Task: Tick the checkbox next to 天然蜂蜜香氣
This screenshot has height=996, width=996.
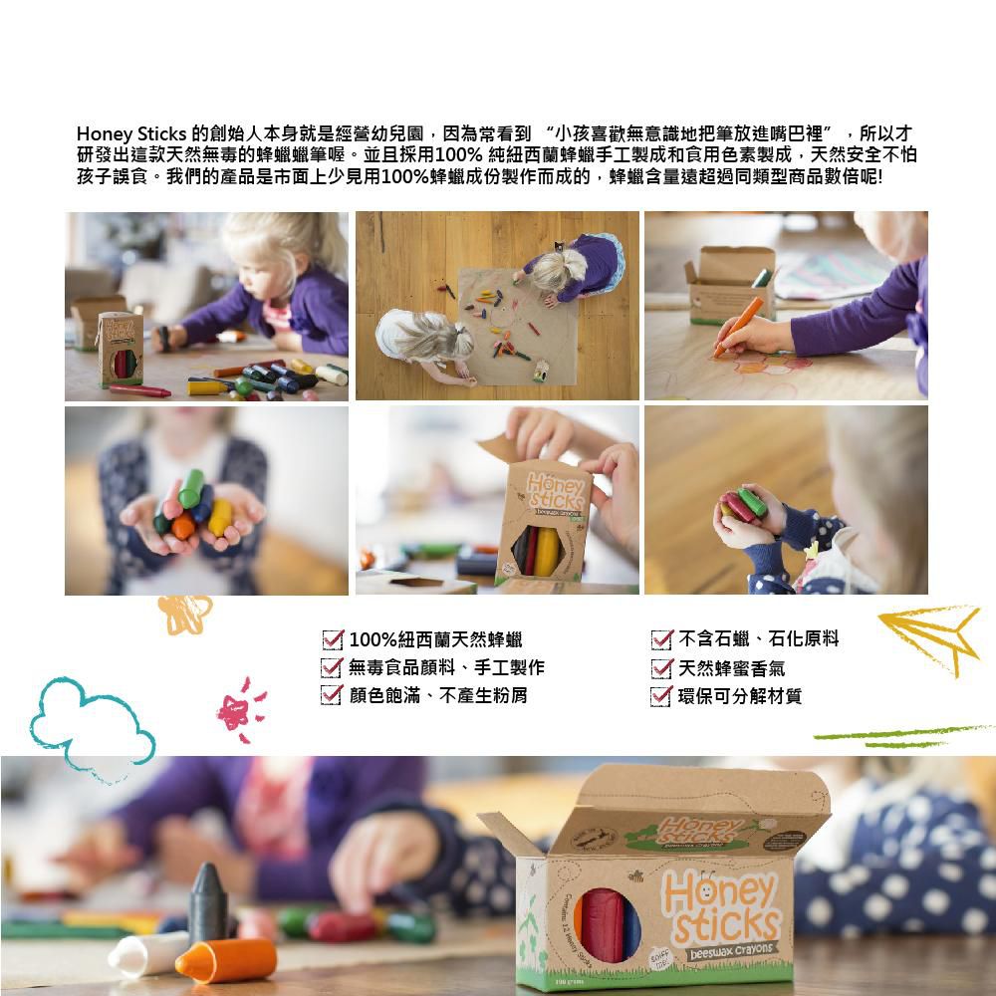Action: click(661, 667)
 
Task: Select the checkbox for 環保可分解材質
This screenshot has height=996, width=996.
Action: click(661, 695)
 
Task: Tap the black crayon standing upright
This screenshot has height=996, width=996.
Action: click(207, 901)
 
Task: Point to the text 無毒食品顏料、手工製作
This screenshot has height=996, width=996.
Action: click(447, 667)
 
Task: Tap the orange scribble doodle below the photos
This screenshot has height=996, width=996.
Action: click(185, 613)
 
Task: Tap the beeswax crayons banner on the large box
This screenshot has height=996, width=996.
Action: click(731, 947)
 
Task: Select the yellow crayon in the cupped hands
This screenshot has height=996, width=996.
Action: click(220, 517)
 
